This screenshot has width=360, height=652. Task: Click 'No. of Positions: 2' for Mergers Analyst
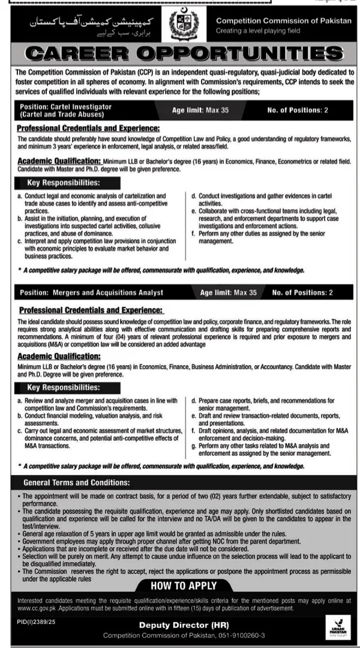[x=302, y=292]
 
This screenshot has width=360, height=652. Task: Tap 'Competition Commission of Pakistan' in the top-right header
[x=284, y=20]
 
